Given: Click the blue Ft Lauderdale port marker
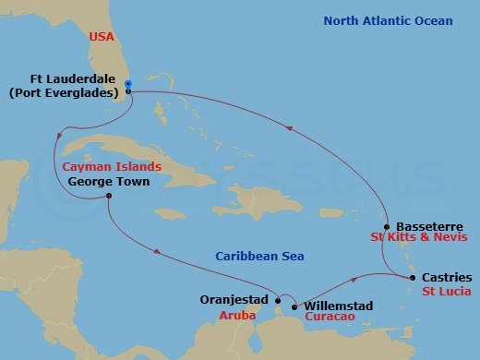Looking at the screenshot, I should [128, 85].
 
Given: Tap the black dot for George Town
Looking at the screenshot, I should [109, 196].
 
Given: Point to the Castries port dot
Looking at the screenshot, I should [412, 277].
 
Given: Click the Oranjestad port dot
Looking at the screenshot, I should [278, 299].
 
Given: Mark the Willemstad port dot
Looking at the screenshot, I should [294, 306].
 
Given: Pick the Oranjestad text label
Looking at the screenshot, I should [234, 300].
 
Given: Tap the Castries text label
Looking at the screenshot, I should [446, 277].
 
